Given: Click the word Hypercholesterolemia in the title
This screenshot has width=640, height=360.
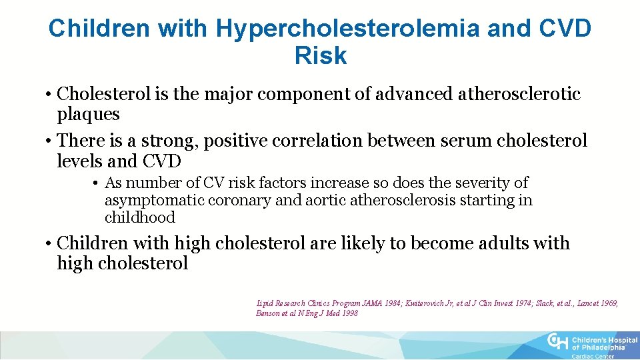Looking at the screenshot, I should point(347,28).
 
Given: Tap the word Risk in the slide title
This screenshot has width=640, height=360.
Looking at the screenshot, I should point(320,56).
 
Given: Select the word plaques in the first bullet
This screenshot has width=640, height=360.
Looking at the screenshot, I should point(88,114).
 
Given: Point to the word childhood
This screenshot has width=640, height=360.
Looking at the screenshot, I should point(139,217).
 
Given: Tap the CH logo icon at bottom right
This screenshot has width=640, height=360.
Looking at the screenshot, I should point(557,342).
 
